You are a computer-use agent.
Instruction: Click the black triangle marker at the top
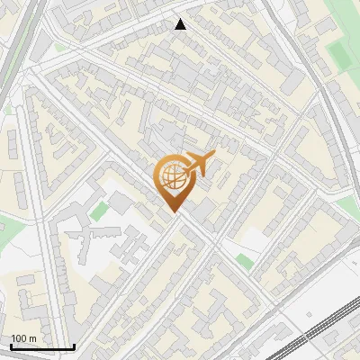coord(181,24)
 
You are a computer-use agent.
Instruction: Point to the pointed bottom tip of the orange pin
coord(173,212)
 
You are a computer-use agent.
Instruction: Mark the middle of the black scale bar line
coord(42,347)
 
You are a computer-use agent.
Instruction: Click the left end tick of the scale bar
coord(12,346)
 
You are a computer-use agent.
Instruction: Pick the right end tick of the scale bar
coord(74,346)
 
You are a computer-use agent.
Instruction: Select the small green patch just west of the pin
coord(98,211)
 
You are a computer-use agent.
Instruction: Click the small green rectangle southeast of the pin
coord(244,261)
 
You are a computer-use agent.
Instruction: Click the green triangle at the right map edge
coord(350,206)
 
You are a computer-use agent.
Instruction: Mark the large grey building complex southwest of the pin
coord(99,243)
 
